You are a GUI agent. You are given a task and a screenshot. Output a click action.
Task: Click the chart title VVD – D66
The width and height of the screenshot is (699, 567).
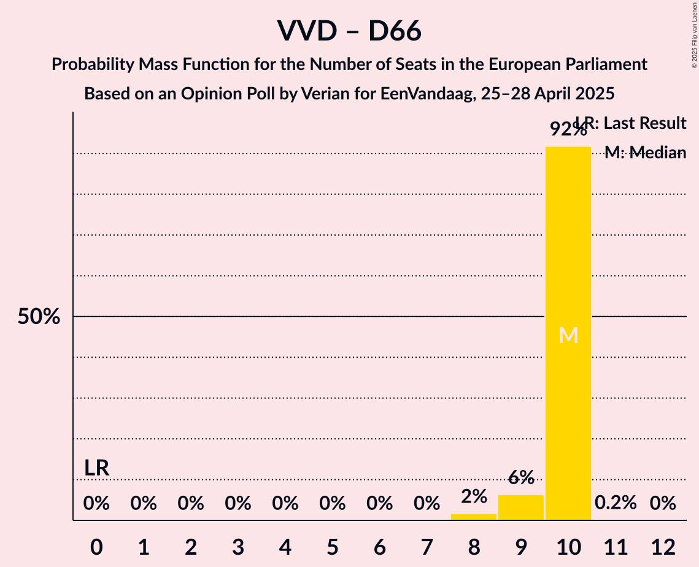(349, 31)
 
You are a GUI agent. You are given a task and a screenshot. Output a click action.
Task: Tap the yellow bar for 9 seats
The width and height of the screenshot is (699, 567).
(521, 507)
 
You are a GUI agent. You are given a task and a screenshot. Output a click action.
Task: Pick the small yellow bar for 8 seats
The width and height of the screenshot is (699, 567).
(474, 517)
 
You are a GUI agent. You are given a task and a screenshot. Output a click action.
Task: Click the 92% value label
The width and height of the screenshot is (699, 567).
(568, 129)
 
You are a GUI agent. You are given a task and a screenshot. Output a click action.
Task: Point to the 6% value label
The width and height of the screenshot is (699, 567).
(521, 477)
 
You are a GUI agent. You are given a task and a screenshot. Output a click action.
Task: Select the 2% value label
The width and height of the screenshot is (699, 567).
(474, 496)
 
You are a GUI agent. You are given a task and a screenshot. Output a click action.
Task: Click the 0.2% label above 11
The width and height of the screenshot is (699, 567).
(616, 503)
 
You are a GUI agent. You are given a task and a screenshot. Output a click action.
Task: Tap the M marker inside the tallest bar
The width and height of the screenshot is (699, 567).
(568, 335)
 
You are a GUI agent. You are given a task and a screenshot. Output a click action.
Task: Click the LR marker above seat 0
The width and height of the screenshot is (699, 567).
(97, 468)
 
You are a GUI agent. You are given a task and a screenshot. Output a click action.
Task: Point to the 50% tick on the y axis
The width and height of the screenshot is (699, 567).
(39, 317)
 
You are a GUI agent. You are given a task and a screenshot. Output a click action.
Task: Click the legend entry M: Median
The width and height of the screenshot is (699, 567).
(645, 153)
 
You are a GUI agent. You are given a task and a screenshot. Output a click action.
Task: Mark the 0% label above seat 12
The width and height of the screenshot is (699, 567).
(663, 503)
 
